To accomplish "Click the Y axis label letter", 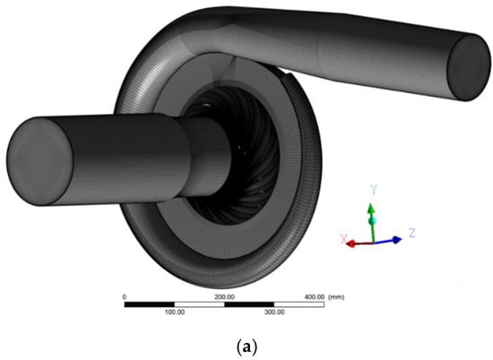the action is pyautogui.click(x=374, y=190).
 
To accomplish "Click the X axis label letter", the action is pyautogui.click(x=344, y=238).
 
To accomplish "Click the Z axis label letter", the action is pyautogui.click(x=412, y=233).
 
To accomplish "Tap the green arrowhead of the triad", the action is pyautogui.click(x=371, y=209).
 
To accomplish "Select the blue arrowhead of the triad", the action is pyautogui.click(x=397, y=240).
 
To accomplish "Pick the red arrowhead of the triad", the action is pyautogui.click(x=350, y=244).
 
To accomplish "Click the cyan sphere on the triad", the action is pyautogui.click(x=372, y=220).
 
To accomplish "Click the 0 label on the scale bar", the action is pyautogui.click(x=125, y=296).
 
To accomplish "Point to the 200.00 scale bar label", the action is pyautogui.click(x=224, y=296).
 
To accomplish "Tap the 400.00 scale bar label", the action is pyautogui.click(x=315, y=296).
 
